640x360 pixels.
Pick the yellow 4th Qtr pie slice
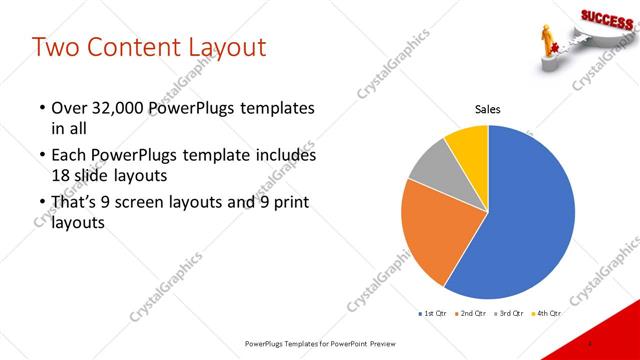468,143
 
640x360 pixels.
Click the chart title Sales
487,109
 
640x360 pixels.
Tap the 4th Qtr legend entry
546,314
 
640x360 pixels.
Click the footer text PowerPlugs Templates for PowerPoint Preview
319,343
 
